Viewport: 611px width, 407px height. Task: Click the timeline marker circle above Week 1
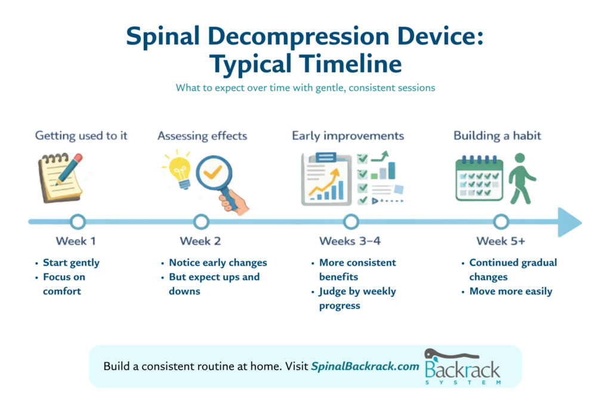(78, 215)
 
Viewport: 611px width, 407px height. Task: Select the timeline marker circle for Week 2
(201, 215)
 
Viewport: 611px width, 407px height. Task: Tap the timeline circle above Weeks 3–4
(351, 215)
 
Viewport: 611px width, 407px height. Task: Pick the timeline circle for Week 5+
(501, 215)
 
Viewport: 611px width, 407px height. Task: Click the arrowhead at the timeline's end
(569, 222)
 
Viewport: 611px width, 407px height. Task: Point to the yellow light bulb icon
(178, 170)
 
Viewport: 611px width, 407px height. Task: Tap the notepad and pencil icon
(60, 178)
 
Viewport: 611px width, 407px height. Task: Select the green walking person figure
(522, 179)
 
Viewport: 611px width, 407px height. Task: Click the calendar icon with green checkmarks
(479, 178)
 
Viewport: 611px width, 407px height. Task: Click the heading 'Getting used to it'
(81, 136)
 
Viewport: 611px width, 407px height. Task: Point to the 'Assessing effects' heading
(202, 136)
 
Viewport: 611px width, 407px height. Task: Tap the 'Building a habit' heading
(497, 136)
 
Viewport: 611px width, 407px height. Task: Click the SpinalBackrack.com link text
(365, 366)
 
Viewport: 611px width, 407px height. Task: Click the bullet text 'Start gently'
(72, 263)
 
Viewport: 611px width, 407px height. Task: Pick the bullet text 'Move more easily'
(511, 291)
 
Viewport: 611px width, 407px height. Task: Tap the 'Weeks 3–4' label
(350, 241)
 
